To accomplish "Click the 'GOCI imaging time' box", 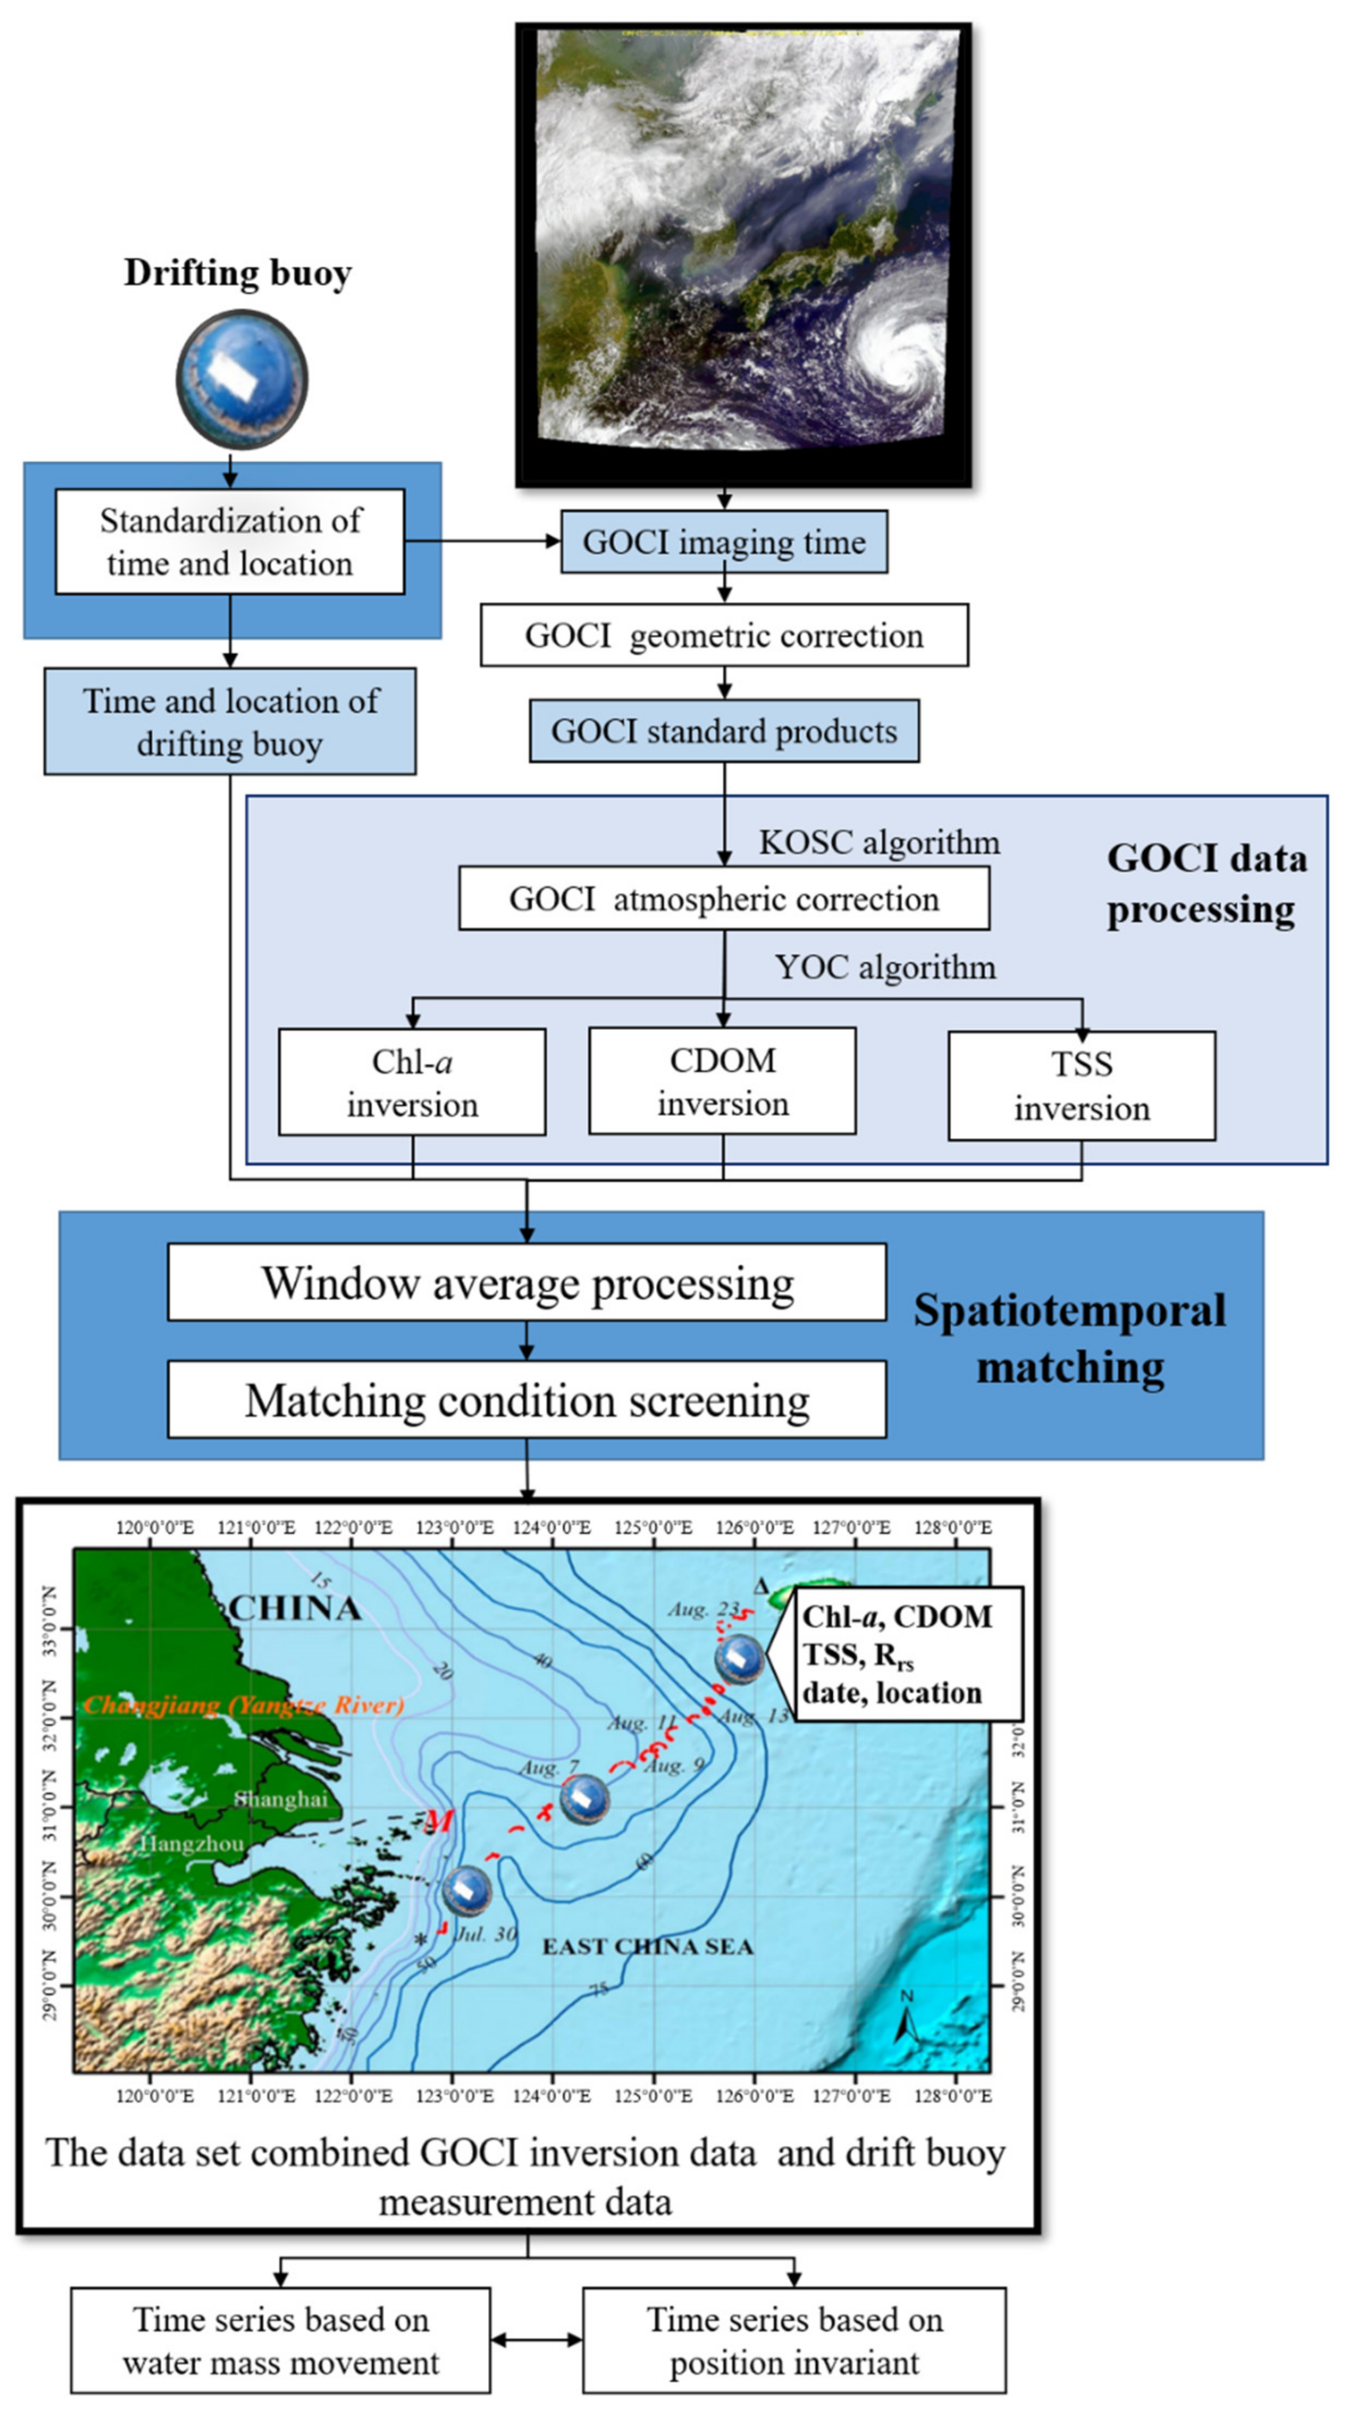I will tap(723, 542).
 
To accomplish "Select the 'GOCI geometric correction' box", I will tap(723, 636).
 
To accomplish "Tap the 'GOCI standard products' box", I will tap(723, 732).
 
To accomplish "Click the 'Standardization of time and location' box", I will tap(230, 542).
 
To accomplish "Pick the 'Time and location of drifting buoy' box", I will tap(230, 722).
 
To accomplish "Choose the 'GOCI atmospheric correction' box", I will tap(723, 898).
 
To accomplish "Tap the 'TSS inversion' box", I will tap(1081, 1086).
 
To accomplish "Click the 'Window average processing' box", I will tap(526, 1283).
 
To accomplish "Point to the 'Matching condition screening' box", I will tap(526, 1401).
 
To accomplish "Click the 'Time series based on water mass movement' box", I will tap(281, 2340).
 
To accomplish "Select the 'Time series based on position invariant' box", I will tap(794, 2340).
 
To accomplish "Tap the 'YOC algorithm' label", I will tap(885, 967).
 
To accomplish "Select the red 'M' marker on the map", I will tap(438, 1821).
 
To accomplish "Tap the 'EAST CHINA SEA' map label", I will tap(648, 1947).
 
